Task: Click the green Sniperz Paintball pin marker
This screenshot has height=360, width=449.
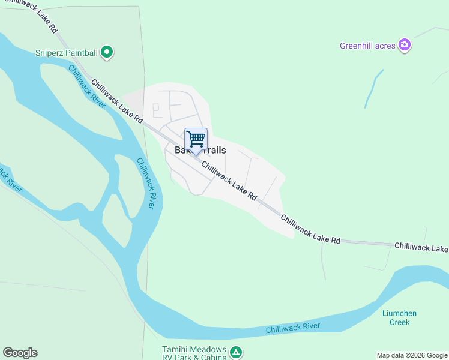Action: (x=107, y=53)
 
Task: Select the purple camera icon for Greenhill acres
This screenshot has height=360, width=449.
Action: (x=405, y=45)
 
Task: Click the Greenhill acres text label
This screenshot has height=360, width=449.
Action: (x=367, y=45)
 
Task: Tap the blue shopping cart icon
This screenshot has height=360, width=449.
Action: (x=196, y=140)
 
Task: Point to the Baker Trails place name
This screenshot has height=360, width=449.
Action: (x=200, y=150)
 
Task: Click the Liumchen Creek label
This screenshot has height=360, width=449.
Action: (x=399, y=317)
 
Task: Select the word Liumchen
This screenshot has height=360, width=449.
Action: (x=399, y=313)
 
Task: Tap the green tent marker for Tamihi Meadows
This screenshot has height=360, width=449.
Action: (x=237, y=352)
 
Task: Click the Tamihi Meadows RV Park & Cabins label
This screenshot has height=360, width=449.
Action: (x=194, y=353)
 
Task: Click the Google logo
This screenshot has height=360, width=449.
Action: (x=20, y=353)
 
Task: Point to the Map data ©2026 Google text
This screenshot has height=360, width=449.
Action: (x=412, y=355)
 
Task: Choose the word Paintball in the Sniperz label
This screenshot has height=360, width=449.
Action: (x=82, y=53)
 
